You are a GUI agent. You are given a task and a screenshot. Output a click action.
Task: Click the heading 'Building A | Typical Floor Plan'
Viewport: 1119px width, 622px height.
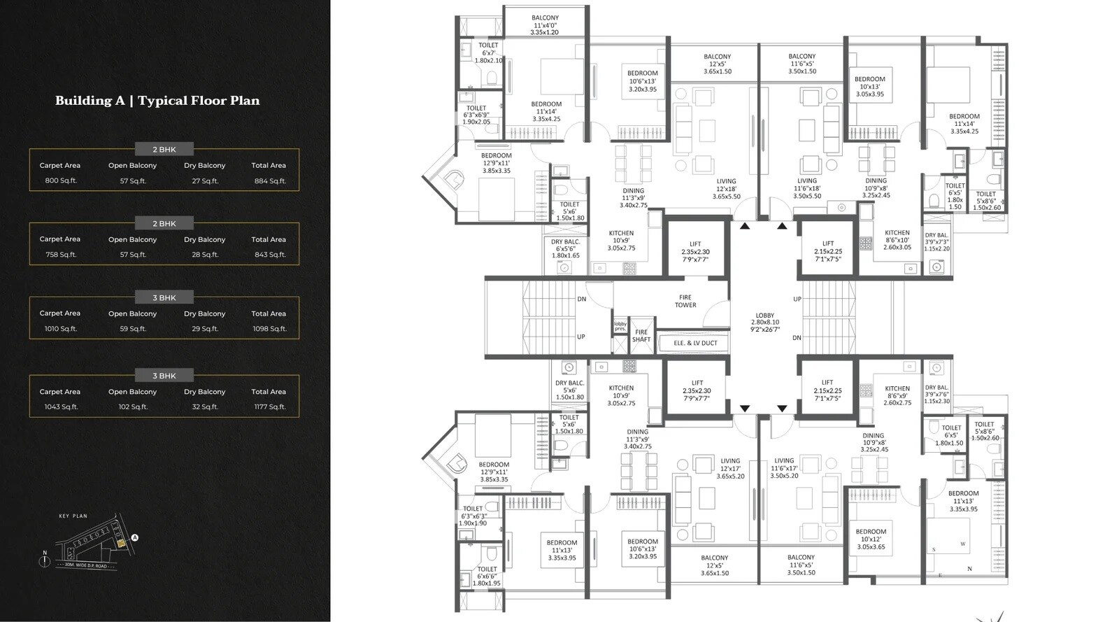157,101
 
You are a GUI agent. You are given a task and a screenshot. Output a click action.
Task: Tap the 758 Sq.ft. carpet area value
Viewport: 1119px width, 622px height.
61,255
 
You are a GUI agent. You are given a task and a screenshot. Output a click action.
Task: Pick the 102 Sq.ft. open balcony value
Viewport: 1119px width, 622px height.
133,407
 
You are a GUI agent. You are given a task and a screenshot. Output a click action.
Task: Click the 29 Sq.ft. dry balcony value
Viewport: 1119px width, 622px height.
205,329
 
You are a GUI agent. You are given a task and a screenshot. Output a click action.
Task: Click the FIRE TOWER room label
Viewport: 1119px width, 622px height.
685,301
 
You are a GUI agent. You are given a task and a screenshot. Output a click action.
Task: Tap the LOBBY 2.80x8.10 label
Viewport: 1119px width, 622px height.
765,322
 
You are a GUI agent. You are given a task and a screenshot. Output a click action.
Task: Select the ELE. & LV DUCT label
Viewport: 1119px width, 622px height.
695,343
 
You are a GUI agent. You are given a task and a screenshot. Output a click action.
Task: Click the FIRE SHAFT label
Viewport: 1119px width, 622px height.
641,336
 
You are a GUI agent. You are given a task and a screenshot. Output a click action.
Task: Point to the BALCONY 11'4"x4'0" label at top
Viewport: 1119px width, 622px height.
545,25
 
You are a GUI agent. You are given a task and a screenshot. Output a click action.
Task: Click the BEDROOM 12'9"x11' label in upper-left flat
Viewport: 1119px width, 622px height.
496,163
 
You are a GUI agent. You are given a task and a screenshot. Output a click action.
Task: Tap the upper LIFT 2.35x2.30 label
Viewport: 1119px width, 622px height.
695,252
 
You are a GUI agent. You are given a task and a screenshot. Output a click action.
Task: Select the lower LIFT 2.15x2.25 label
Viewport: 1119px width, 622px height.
827,390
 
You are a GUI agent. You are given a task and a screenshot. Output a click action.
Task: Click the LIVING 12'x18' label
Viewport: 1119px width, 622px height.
726,189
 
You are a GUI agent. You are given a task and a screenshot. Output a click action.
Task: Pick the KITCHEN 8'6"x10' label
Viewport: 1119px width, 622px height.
897,240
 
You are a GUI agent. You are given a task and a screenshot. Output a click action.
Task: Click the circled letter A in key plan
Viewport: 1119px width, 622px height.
135,538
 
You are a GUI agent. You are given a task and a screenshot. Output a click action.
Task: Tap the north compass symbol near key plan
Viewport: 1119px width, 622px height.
45,560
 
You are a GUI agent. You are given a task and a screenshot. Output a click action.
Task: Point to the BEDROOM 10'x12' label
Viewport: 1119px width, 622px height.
871,539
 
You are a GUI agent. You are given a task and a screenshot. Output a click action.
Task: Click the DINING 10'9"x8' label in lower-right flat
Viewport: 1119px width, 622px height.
873,442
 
